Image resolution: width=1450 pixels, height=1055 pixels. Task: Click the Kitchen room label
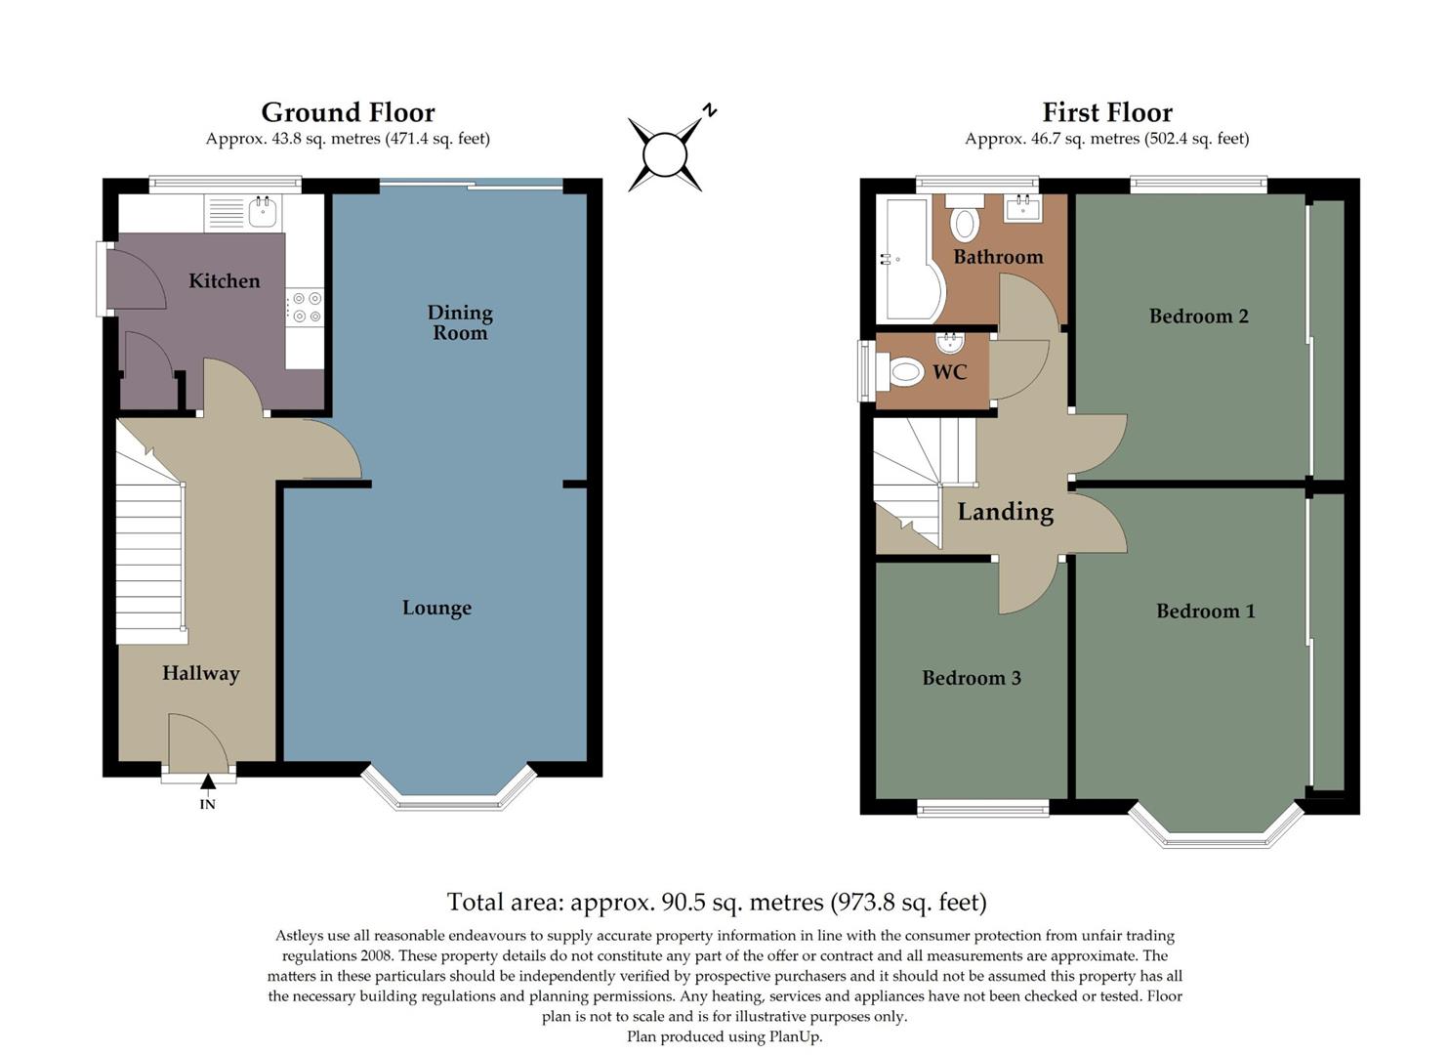pyautogui.click(x=224, y=281)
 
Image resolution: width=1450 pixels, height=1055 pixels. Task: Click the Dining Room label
pyautogui.click(x=460, y=322)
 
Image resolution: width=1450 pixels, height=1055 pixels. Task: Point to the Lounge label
pyautogui.click(x=436, y=608)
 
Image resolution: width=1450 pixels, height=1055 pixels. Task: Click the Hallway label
pyautogui.click(x=200, y=673)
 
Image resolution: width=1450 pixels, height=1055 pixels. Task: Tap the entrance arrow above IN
pyautogui.click(x=208, y=781)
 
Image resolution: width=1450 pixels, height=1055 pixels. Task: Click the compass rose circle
pyautogui.click(x=665, y=154)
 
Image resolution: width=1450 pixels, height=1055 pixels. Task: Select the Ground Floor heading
pyautogui.click(x=348, y=112)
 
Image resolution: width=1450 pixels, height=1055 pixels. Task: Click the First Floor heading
pyautogui.click(x=1106, y=112)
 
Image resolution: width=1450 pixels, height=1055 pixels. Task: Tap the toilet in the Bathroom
pyautogui.click(x=965, y=219)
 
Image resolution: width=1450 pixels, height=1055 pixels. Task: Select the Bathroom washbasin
pyautogui.click(x=1023, y=208)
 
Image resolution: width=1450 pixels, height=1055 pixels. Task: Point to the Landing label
pyautogui.click(x=1005, y=512)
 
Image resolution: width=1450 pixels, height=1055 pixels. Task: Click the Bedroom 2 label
pyautogui.click(x=1198, y=316)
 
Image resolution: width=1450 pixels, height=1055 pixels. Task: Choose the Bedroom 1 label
pyautogui.click(x=1205, y=612)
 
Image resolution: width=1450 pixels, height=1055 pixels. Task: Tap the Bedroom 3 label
pyautogui.click(x=972, y=678)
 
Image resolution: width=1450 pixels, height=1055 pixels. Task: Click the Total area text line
pyautogui.click(x=717, y=902)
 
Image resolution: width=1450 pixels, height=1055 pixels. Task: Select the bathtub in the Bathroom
pyautogui.click(x=904, y=260)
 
